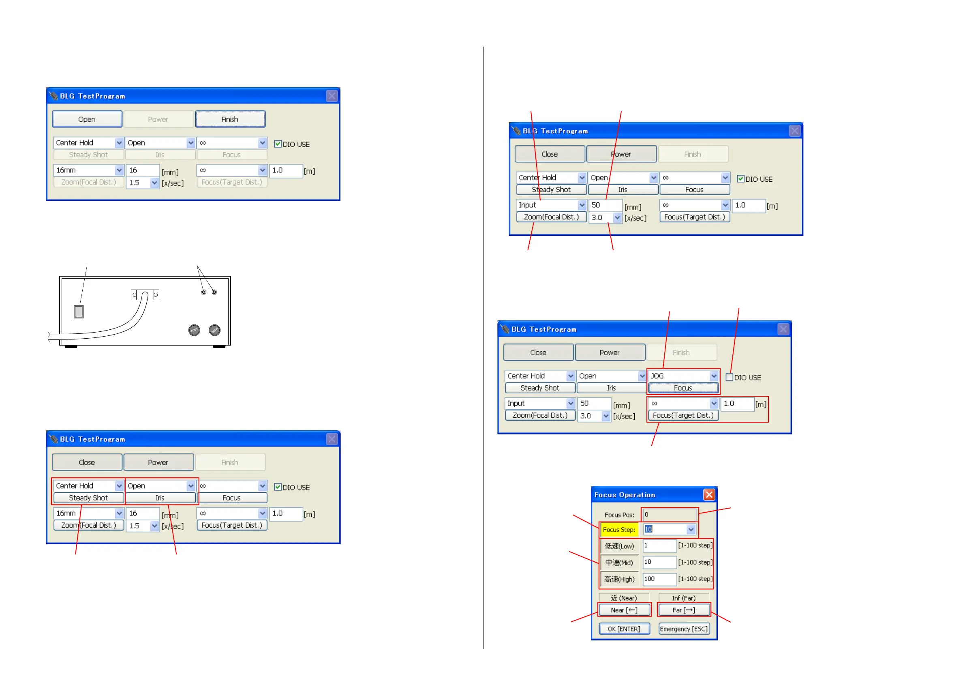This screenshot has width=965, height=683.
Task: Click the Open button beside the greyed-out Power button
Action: tap(87, 119)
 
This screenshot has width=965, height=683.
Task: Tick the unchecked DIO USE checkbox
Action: tap(730, 377)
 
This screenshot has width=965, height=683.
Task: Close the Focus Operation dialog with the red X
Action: tap(709, 494)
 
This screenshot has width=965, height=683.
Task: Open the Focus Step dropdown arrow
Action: tap(691, 530)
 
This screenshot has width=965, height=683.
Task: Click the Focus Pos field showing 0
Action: tap(669, 514)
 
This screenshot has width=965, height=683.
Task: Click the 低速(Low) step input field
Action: tap(659, 546)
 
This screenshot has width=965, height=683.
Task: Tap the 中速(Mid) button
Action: tap(619, 563)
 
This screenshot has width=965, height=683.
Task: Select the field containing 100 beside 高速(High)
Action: tap(659, 579)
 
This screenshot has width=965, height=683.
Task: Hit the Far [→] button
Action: tap(684, 610)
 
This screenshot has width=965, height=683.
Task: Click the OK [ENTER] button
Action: tap(624, 629)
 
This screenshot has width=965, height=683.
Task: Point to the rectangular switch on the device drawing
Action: tap(79, 311)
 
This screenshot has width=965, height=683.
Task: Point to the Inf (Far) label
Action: tap(683, 598)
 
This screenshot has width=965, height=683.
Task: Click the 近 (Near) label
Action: tap(624, 598)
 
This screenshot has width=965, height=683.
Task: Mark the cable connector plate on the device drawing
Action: tap(145, 295)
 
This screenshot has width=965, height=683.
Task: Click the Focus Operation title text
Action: tap(625, 495)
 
